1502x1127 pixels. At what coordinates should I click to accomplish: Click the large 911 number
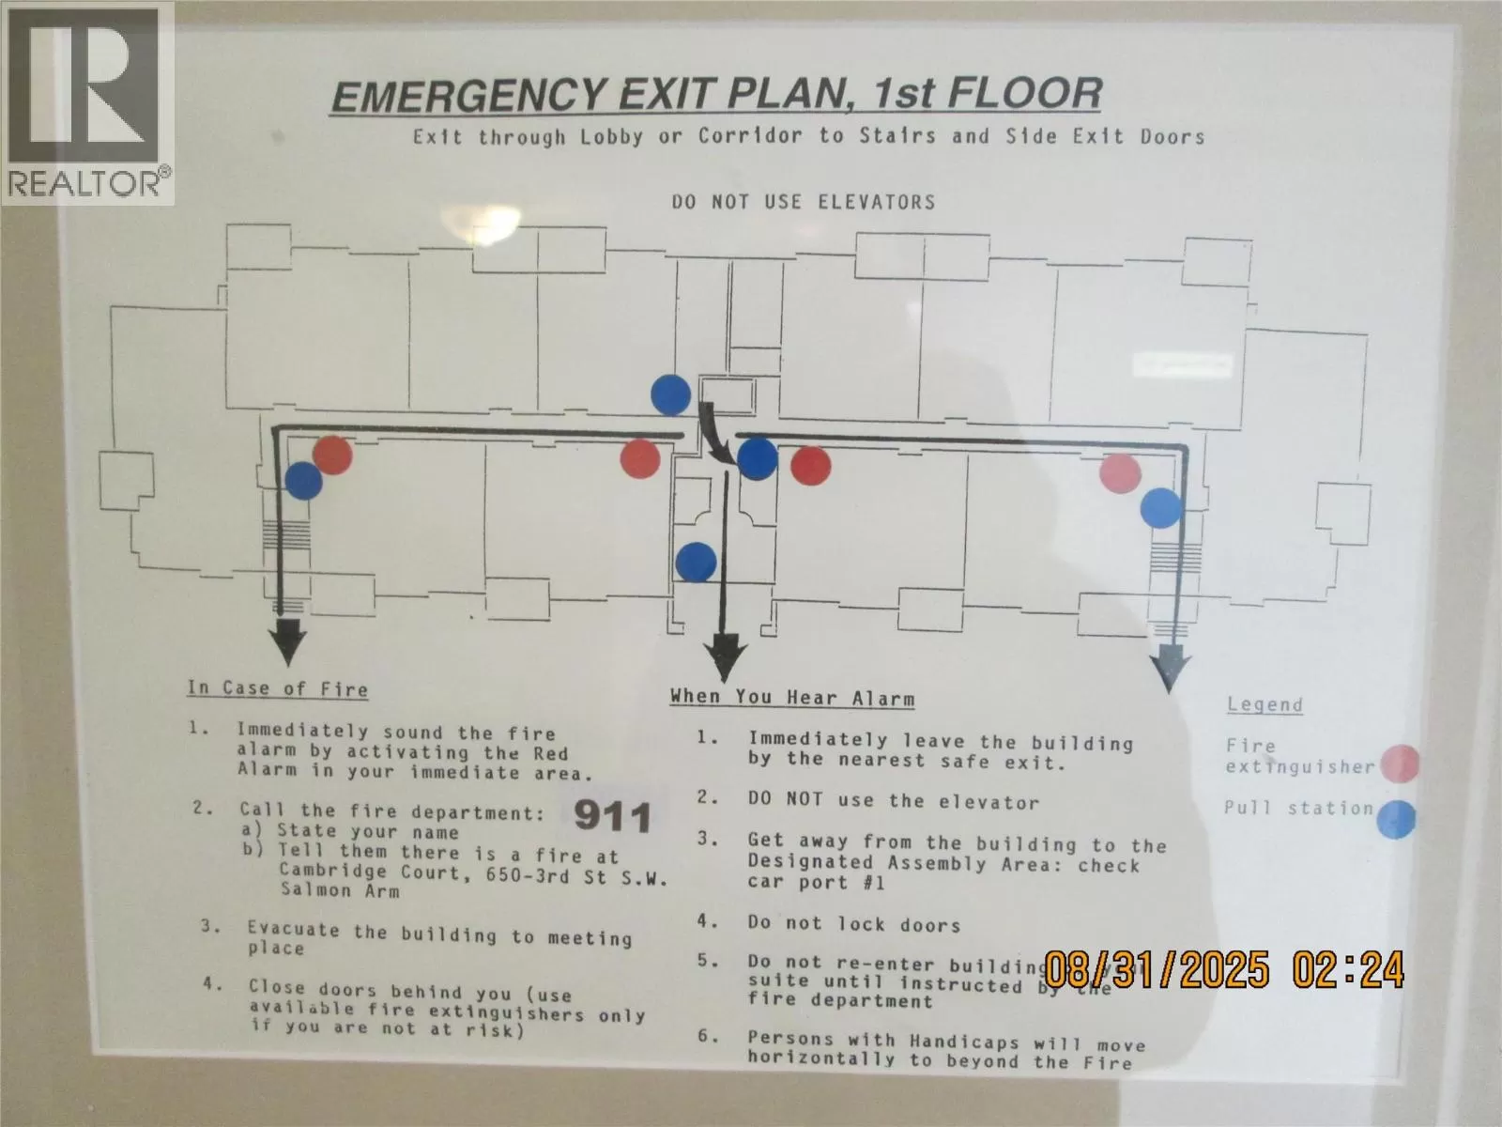click(612, 817)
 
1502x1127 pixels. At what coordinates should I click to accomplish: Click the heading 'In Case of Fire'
click(277, 688)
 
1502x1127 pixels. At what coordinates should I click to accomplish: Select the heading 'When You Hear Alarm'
click(791, 698)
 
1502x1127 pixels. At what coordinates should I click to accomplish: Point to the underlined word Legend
click(1264, 704)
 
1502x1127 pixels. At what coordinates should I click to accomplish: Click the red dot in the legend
click(1400, 763)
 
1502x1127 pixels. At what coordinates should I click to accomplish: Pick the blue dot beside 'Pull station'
click(1397, 819)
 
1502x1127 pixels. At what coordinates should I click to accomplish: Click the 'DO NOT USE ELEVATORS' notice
click(804, 202)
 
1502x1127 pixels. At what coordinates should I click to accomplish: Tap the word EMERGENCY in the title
click(469, 98)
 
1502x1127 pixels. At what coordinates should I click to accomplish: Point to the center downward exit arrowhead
click(725, 657)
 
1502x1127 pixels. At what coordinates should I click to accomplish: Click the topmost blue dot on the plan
click(670, 395)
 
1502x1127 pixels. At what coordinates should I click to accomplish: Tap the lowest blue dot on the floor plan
click(696, 563)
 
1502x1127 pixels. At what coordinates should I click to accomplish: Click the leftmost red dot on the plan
click(332, 455)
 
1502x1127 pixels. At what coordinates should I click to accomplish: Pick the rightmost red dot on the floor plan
click(1120, 472)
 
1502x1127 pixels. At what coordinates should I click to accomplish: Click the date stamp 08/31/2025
click(1157, 968)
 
